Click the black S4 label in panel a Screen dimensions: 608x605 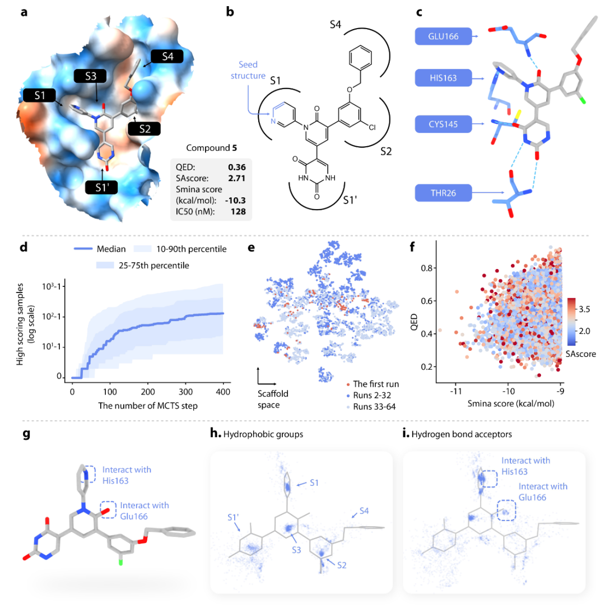click(x=167, y=57)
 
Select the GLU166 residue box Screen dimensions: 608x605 click(x=443, y=37)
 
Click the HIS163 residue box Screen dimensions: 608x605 click(x=443, y=78)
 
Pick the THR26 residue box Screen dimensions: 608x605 click(x=443, y=194)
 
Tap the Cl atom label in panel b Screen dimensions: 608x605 click(x=372, y=127)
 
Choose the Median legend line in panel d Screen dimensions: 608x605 click(x=85, y=249)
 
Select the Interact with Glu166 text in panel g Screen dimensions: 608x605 click(x=144, y=510)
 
